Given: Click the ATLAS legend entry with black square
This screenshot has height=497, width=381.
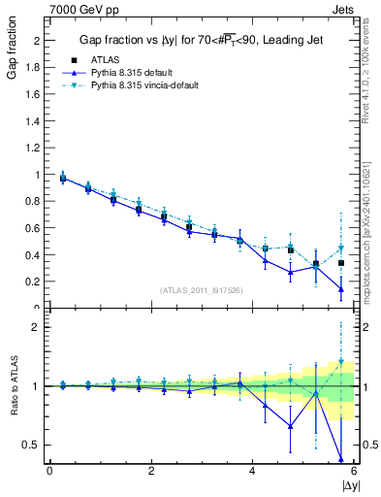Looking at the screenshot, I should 105,59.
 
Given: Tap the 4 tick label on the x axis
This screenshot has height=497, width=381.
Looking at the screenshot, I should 252,471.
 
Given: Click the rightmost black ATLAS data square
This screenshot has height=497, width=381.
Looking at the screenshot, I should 341,263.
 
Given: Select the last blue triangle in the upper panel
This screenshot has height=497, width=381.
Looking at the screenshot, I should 341,288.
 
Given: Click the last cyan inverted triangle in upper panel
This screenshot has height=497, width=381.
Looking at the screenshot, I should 341,248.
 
